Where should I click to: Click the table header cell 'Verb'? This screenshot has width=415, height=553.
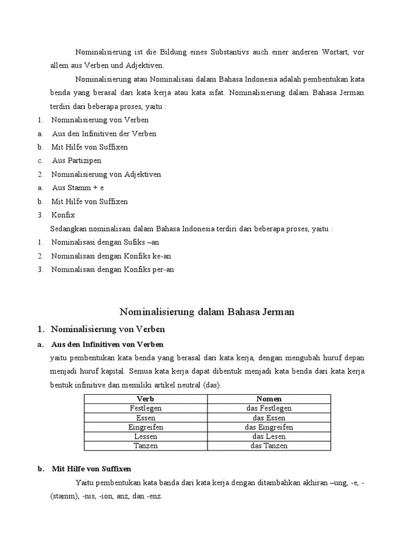click(146, 399)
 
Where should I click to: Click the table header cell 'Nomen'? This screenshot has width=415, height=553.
click(269, 399)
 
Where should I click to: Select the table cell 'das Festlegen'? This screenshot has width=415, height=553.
click(269, 408)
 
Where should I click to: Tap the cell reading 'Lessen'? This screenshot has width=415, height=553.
click(146, 436)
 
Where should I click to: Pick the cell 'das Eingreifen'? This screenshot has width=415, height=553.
click(269, 427)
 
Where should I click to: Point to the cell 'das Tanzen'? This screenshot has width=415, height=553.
click(269, 446)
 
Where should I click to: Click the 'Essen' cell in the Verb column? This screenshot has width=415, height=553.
click(146, 418)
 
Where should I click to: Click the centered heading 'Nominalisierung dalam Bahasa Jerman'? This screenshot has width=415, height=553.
click(207, 312)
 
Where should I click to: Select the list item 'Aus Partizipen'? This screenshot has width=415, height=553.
click(76, 160)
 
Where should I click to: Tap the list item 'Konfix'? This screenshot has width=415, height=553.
click(63, 215)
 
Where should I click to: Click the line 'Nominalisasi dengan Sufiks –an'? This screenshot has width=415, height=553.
click(105, 242)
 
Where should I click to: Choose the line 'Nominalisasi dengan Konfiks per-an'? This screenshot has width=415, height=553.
click(112, 269)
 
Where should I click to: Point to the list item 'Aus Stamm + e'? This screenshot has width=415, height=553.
click(78, 187)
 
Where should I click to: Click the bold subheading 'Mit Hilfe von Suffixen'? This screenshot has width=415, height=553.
click(91, 469)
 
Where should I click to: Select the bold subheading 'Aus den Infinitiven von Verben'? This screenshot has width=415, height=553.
click(107, 344)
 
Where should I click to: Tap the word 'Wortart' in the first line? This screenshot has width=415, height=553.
click(335, 52)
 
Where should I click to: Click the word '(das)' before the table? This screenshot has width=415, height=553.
click(212, 385)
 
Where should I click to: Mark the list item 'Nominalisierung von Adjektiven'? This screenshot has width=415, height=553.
click(106, 174)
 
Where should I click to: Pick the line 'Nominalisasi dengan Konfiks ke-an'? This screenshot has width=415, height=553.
click(111, 256)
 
